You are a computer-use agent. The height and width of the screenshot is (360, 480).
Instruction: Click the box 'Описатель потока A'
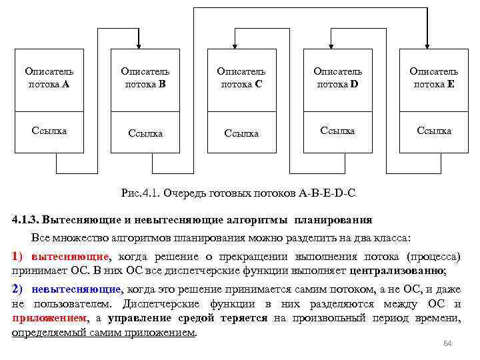pyautogui.click(x=49, y=77)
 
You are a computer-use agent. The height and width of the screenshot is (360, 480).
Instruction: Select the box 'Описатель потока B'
pyautogui.click(x=145, y=77)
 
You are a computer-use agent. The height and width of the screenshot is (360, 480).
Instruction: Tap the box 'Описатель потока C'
pyautogui.click(x=241, y=77)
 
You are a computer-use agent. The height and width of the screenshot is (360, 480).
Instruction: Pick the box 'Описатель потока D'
pyautogui.click(x=337, y=77)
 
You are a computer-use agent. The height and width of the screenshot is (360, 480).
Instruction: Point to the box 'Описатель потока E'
pyautogui.click(x=433, y=77)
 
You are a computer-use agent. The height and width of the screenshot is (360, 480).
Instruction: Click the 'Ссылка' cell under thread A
pyautogui.click(x=49, y=131)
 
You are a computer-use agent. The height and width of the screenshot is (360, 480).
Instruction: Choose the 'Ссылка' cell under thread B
pyautogui.click(x=145, y=133)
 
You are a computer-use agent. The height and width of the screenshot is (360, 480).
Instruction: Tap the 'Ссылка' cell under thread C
pyautogui.click(x=241, y=133)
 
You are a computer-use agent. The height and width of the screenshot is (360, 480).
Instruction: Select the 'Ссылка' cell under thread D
pyautogui.click(x=337, y=131)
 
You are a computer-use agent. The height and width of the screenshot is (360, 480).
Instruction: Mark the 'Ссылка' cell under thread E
pyautogui.click(x=433, y=131)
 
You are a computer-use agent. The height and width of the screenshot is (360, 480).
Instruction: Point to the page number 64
pyautogui.click(x=447, y=343)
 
